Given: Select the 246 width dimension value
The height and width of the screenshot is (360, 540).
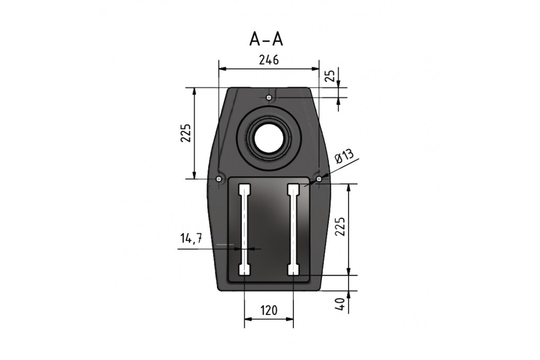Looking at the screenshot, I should pos(269,60).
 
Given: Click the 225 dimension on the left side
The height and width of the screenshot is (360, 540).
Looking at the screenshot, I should pos(185,134).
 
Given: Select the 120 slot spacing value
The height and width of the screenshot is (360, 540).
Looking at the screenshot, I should pos(269,311).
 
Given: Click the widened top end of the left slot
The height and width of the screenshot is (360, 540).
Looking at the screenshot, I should pos(244,189).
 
